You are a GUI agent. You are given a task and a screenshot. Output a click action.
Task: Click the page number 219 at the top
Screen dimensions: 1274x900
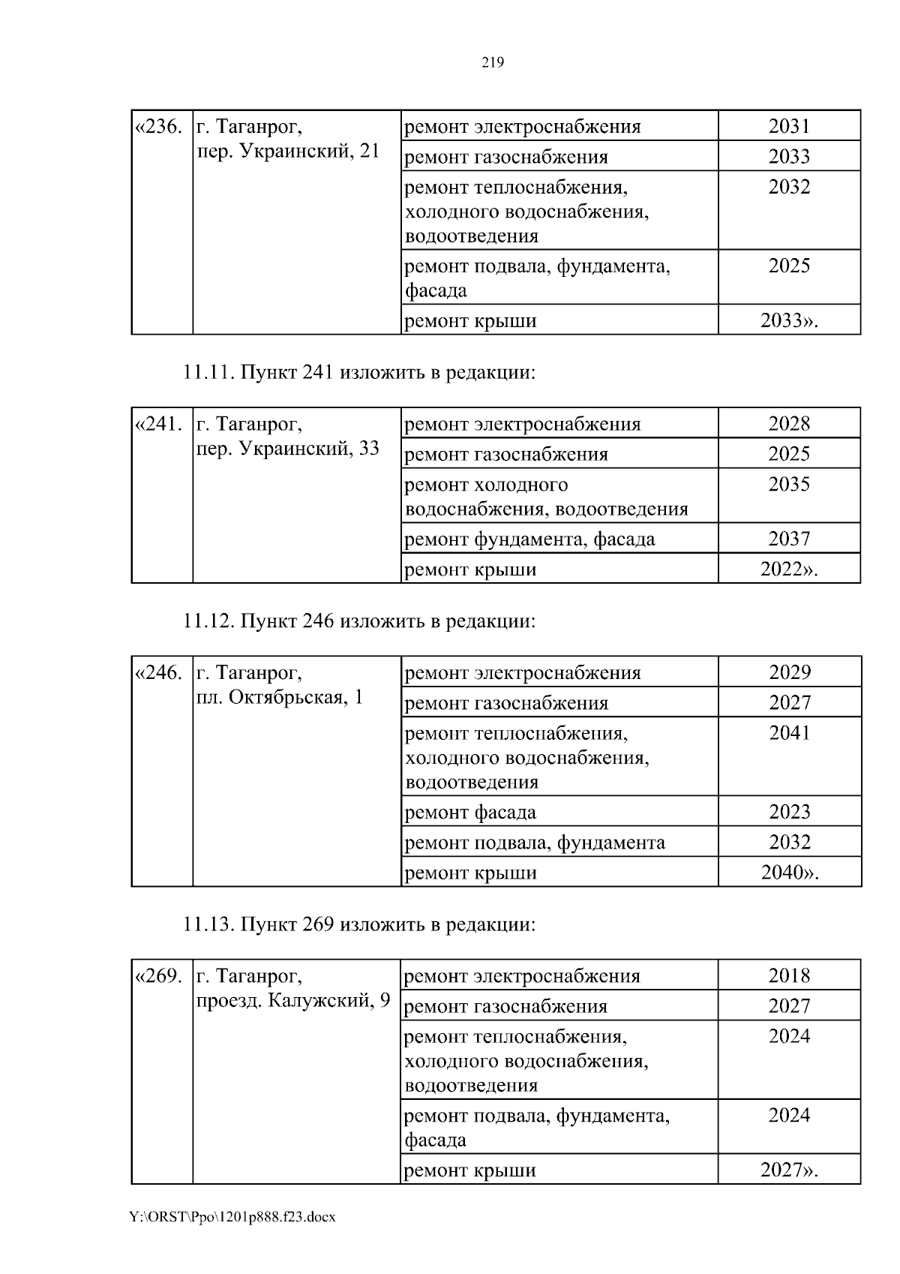(x=492, y=63)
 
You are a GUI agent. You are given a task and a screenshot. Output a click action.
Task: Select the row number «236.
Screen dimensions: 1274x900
(x=158, y=126)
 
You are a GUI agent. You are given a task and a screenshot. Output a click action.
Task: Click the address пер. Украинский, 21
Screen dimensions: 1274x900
(x=287, y=151)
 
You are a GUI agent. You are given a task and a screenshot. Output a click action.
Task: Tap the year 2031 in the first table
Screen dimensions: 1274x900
(x=789, y=126)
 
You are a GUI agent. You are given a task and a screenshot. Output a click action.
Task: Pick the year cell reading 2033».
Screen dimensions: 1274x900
(x=789, y=320)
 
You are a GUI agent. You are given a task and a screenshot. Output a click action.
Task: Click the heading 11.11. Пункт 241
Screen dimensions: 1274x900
(x=359, y=372)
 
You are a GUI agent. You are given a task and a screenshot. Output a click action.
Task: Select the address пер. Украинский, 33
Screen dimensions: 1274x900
(x=287, y=449)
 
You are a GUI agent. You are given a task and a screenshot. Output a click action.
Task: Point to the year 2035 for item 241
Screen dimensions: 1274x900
(x=789, y=485)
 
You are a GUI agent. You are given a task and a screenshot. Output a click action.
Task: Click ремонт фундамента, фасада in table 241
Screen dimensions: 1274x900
(x=529, y=539)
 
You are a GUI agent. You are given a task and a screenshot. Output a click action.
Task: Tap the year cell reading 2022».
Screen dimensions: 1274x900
(x=789, y=569)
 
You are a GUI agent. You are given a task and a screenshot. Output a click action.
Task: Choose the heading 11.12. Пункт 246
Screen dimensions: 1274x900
(x=359, y=621)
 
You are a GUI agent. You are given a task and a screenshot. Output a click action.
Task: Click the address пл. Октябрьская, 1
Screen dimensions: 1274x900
(x=279, y=698)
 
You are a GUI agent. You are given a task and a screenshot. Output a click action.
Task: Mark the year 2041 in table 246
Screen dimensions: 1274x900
(x=790, y=733)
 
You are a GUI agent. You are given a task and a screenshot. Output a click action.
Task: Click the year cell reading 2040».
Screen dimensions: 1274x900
(x=790, y=873)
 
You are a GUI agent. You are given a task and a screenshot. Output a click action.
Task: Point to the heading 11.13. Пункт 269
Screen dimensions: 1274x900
(x=359, y=924)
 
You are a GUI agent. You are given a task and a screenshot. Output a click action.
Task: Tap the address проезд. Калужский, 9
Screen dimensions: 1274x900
(x=293, y=1001)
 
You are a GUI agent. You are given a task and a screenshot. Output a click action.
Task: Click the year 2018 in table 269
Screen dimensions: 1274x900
(x=789, y=975)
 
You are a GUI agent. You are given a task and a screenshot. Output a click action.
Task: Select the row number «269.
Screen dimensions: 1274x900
(x=158, y=976)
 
